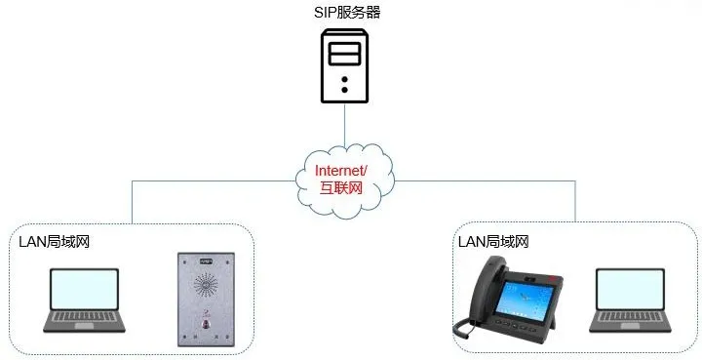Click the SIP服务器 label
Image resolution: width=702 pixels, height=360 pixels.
click(x=346, y=13)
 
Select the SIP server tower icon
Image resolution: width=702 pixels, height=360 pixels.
click(x=345, y=65)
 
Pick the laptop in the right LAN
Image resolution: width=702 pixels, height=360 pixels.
click(x=634, y=300)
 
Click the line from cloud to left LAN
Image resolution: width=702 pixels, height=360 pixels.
click(x=195, y=180)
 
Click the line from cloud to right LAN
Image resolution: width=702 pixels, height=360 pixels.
click(x=487, y=180)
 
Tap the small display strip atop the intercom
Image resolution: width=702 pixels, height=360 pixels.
click(x=206, y=262)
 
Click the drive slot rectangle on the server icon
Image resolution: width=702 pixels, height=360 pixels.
click(x=345, y=53)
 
